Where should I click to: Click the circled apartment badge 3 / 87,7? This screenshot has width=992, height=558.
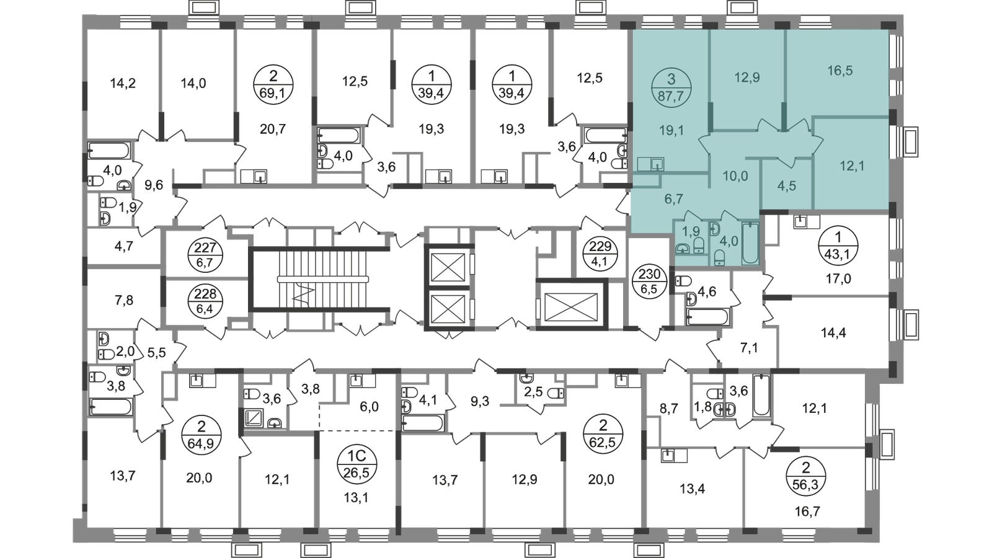[x=671, y=87]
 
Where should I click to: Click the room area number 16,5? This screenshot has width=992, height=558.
[x=839, y=71]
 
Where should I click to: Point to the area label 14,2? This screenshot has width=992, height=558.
[x=123, y=83]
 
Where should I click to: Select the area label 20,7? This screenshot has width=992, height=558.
[x=273, y=130]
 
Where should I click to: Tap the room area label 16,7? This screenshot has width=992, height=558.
[x=807, y=512]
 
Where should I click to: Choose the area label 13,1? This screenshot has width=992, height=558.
[x=356, y=498]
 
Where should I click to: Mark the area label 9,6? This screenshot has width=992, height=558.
[x=154, y=185]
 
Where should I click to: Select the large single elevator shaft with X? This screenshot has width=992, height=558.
[x=571, y=306]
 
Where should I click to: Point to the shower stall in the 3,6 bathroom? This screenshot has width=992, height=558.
[x=254, y=418]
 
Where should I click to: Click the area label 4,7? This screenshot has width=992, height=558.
[x=123, y=246]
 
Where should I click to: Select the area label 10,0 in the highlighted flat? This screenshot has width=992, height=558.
[x=735, y=176]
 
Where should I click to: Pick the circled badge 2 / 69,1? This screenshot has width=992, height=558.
[x=273, y=84]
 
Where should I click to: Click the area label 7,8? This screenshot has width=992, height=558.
[x=123, y=301]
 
